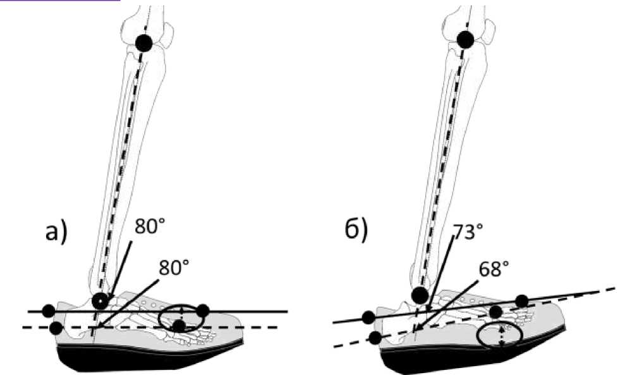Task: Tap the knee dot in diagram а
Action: [144, 44]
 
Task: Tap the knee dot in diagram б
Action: [466, 40]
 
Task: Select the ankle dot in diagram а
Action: [99, 300]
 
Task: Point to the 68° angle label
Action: [494, 269]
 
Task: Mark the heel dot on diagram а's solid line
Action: [48, 310]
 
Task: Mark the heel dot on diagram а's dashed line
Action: [56, 327]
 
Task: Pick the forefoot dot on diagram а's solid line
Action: [202, 310]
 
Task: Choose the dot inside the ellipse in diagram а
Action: [179, 326]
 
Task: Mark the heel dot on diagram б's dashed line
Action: [375, 338]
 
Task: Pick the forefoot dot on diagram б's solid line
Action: [522, 300]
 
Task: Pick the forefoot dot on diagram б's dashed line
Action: [496, 312]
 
